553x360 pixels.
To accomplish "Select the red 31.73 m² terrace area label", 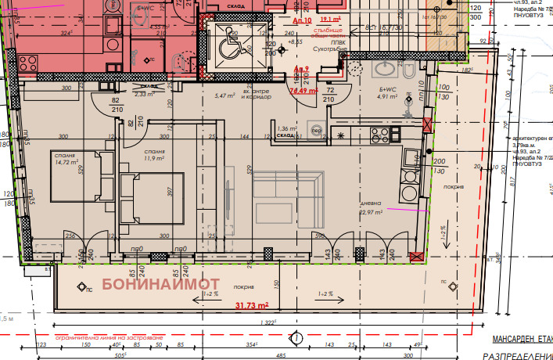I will [x=252, y=305].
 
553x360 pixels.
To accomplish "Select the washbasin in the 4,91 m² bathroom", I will [x=384, y=70].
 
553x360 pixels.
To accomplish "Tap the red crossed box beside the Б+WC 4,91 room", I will [x=426, y=125].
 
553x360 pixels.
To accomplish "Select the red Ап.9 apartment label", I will [x=301, y=70].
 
